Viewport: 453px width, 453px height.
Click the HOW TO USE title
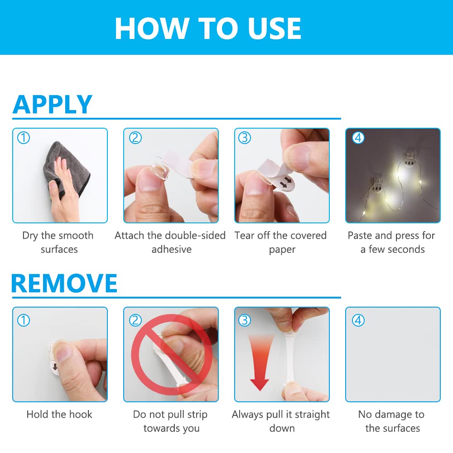pos(208,28)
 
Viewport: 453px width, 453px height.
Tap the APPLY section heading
pos(52,104)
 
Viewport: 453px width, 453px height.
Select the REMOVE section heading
pos(64,283)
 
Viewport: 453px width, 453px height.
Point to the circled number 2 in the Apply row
pos(135,138)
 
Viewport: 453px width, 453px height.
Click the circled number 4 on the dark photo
pos(358,138)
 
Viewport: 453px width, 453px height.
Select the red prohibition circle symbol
pos(172,355)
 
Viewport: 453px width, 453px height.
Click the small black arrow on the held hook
pos(55,367)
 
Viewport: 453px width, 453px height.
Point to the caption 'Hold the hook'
pos(59,414)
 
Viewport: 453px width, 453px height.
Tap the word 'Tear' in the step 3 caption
pos(245,236)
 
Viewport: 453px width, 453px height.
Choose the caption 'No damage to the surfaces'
pos(392,421)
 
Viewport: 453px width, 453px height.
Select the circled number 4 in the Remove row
pos(358,320)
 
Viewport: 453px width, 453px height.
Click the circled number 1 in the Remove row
pos(24,320)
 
